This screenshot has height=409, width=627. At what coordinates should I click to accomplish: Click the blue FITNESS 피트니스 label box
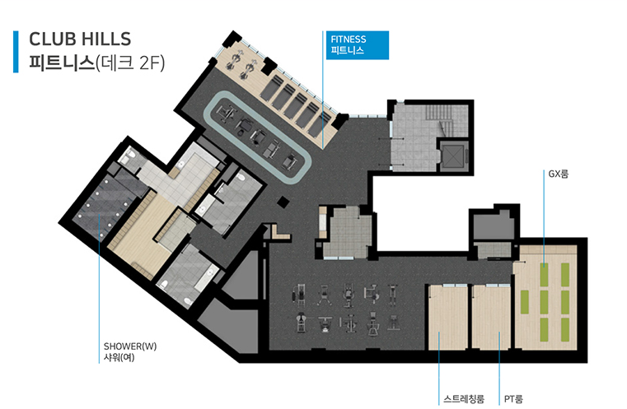pos(357,45)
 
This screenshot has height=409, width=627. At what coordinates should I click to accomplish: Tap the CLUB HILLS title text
pos(80,40)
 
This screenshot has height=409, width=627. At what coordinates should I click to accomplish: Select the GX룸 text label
pos(559,174)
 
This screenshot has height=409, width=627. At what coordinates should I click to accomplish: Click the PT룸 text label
pos(513,398)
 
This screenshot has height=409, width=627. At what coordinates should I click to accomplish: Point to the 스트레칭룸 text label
pos(464,398)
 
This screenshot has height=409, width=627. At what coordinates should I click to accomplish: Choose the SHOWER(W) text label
pos(130,346)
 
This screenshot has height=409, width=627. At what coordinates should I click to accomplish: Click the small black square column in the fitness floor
pos(283,202)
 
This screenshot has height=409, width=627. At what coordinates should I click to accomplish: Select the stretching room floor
pos(448,317)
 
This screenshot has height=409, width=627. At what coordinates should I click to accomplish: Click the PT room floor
pos(491,317)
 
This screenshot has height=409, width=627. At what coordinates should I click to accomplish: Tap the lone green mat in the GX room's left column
pos(524,302)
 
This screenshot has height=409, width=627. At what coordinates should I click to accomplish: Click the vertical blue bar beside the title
pos(16,52)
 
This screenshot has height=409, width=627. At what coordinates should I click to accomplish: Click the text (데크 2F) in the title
pos(130,63)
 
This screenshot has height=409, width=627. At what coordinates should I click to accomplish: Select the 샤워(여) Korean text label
pos(119,357)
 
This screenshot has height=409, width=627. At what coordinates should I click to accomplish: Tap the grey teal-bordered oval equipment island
pos(258,137)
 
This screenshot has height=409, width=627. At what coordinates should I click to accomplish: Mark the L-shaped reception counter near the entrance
pos(279,233)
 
